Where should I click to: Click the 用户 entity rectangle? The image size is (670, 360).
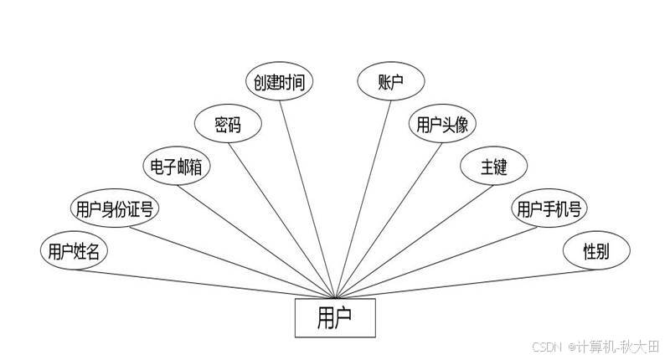tap(334, 317)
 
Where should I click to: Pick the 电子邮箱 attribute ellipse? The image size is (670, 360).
tap(175, 167)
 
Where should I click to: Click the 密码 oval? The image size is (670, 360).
tap(227, 126)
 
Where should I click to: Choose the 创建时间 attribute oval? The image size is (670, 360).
tap(280, 82)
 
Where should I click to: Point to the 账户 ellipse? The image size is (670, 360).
tap(391, 82)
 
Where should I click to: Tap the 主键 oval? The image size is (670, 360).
tap(493, 167)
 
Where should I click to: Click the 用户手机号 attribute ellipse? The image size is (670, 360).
tap(549, 208)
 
